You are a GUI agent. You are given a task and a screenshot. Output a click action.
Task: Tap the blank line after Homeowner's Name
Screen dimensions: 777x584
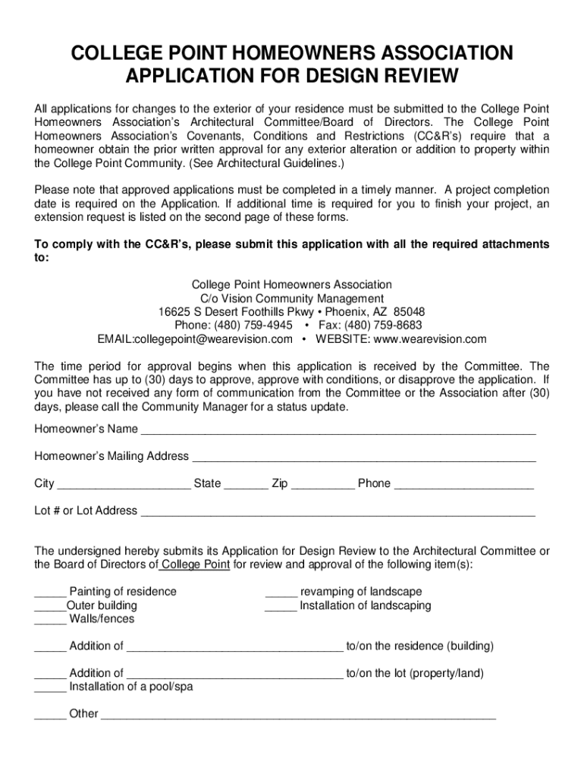tap(338, 430)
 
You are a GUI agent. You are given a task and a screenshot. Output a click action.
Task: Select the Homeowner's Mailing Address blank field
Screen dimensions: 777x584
tap(364, 458)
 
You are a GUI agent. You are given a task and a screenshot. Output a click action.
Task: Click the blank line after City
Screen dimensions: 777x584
tap(124, 485)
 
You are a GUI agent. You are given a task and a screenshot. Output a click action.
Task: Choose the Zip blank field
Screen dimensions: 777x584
tap(322, 485)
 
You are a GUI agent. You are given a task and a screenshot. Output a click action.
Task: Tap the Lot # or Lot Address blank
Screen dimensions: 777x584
tap(338, 512)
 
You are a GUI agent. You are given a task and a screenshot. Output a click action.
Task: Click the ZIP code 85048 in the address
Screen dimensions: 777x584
tap(410, 312)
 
